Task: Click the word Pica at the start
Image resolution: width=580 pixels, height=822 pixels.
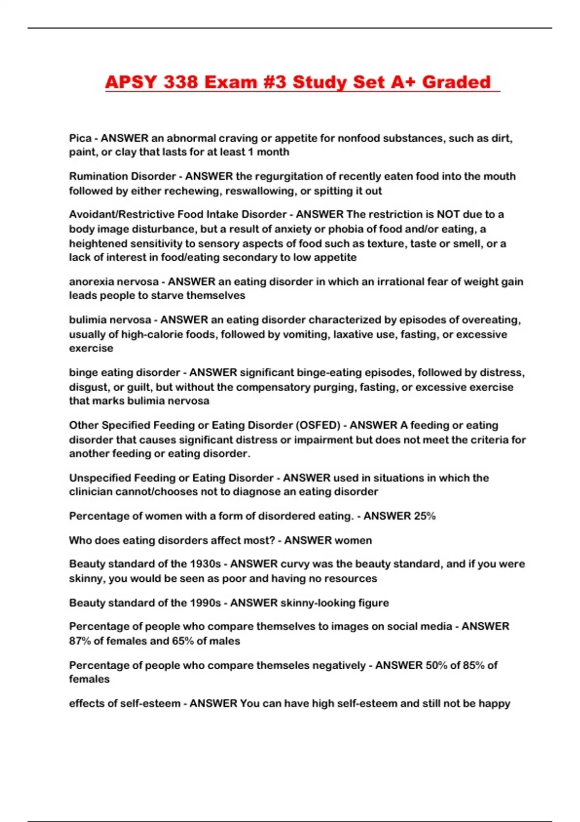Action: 80,138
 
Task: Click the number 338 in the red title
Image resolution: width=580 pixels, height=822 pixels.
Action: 180,82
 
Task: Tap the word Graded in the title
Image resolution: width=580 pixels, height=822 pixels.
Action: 456,82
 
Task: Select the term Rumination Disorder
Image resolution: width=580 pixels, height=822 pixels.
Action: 122,176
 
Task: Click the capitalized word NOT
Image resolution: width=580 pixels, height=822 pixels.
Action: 448,215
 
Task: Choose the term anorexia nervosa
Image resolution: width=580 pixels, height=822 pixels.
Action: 114,282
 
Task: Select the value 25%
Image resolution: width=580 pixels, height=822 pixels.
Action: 424,516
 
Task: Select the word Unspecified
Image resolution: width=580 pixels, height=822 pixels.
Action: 100,478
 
